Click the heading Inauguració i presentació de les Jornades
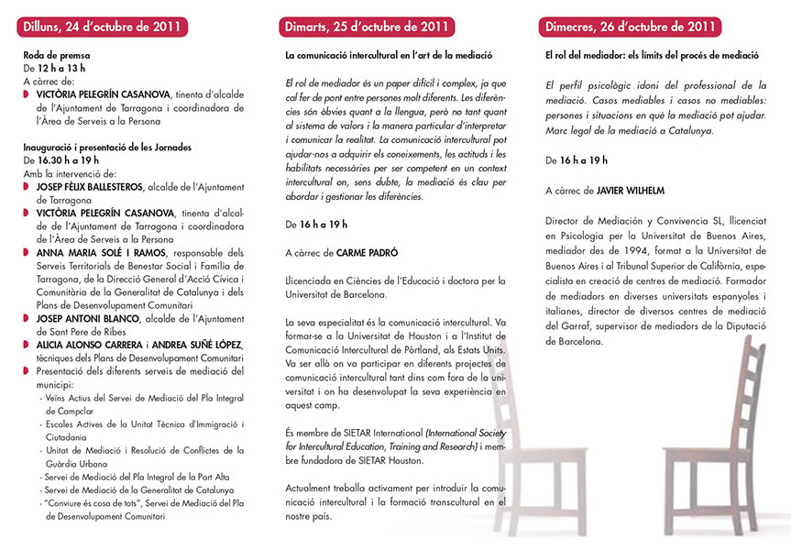point(108,146)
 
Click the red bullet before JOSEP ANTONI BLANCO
point(27,318)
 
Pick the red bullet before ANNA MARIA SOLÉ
point(27,252)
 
